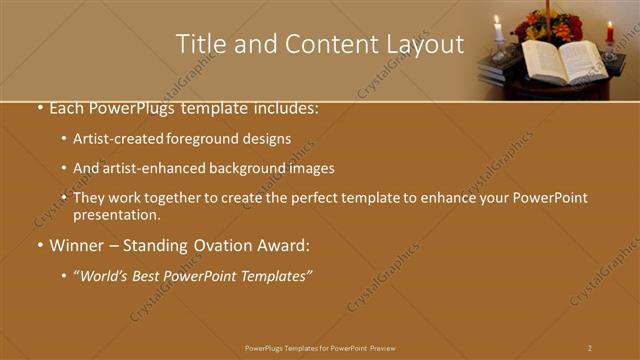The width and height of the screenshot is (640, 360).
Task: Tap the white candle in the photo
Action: pos(498,30)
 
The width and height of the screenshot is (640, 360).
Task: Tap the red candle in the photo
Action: pos(610,33)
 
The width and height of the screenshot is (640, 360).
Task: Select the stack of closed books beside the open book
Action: pos(500,69)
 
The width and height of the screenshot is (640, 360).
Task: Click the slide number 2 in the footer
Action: pos(590,348)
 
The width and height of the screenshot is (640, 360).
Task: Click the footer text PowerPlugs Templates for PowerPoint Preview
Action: pos(320,348)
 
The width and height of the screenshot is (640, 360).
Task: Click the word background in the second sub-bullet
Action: pos(256,168)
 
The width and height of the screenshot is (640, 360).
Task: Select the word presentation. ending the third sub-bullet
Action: pos(116,214)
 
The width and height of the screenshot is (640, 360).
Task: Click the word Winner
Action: pos(75,245)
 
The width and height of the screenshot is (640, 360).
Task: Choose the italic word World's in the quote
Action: pos(108,275)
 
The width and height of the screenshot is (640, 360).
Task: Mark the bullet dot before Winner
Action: pos(39,246)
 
